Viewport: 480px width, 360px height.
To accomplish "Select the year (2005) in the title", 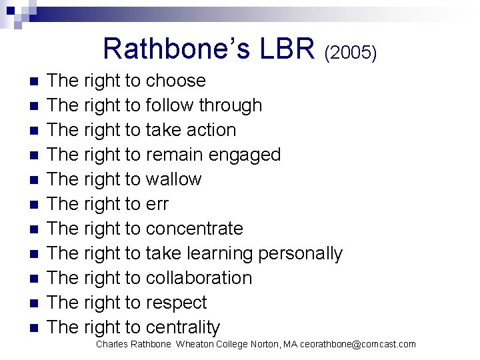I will coord(351,52).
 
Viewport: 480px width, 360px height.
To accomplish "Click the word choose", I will coord(176,81).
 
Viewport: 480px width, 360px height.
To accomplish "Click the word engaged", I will coord(245,155).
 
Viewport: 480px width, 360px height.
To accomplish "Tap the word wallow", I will coord(173,179).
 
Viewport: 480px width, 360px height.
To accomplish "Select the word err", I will coord(157,204).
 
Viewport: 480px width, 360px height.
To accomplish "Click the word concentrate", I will coord(194,229).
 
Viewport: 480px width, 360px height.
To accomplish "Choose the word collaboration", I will coord(199,278).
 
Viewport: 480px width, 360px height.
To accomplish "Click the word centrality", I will coord(182,327).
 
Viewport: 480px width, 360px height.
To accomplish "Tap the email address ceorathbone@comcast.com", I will coord(358,344).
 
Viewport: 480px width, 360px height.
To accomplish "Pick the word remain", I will coord(174,155).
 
